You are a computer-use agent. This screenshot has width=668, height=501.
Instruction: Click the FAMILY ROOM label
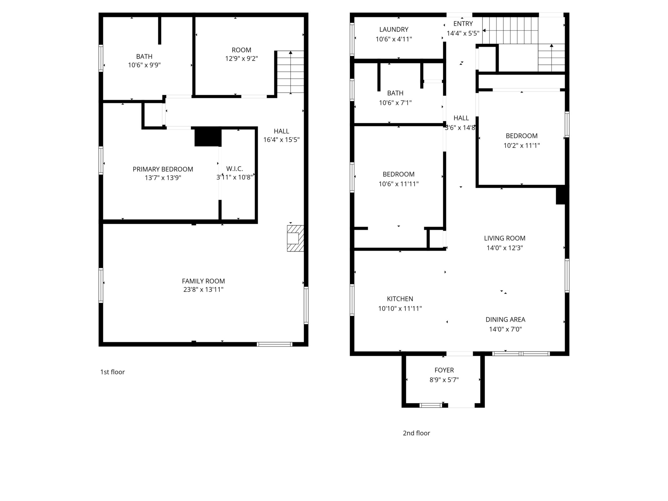pos(203,281)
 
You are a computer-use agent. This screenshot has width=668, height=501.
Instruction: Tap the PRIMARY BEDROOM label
pos(163,169)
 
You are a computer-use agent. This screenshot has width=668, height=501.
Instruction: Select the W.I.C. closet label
pos(235,169)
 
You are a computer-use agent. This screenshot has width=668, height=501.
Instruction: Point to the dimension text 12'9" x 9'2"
pos(241,59)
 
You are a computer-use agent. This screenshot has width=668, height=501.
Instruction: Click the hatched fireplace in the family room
pos(295,238)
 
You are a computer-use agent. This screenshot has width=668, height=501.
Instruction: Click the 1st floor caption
pos(112,372)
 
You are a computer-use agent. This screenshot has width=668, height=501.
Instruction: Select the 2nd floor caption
pos(416,433)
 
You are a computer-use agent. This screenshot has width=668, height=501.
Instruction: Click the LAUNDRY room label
pos(394,30)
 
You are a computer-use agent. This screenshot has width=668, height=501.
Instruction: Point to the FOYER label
pos(444,370)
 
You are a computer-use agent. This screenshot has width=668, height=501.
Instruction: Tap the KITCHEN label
pos(400,299)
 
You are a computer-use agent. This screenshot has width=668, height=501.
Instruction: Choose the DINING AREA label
pos(506,320)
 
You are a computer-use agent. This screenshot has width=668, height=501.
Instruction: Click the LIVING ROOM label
pos(505,238)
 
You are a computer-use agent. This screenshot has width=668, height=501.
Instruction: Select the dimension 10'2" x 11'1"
pos(522,146)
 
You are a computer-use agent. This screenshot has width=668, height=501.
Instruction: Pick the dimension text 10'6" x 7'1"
pos(395,103)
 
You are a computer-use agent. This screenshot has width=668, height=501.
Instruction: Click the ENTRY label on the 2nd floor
pos(463,24)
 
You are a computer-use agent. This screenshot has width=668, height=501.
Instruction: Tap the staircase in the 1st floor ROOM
pos(291,72)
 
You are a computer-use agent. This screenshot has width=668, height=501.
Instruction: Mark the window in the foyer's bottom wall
pos(431,405)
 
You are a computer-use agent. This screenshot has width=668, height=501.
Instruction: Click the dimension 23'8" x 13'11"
pos(203,290)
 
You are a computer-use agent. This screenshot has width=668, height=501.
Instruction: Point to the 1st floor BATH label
pos(144,56)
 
